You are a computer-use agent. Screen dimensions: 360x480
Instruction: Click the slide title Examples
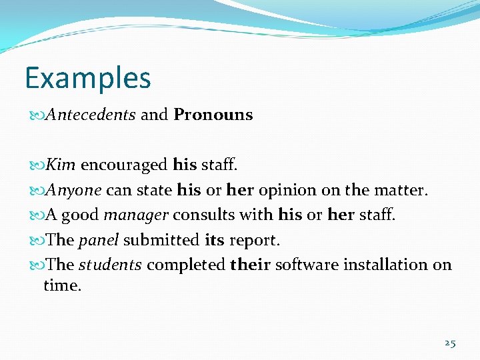coord(88,78)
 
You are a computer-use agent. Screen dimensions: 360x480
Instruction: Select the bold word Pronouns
coord(213,115)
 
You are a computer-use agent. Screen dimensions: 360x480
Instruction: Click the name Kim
coord(61,164)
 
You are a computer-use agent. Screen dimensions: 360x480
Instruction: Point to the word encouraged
coord(124,164)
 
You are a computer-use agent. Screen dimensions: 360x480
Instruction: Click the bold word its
coord(214,240)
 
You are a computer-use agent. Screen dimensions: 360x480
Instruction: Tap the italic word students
coord(110,265)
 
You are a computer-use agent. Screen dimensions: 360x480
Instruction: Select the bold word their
coord(250,265)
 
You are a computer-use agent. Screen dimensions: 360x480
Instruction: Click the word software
coord(306,265)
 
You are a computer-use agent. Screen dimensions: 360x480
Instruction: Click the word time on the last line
coord(62,286)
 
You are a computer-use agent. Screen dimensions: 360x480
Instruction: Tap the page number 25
coord(450,343)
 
